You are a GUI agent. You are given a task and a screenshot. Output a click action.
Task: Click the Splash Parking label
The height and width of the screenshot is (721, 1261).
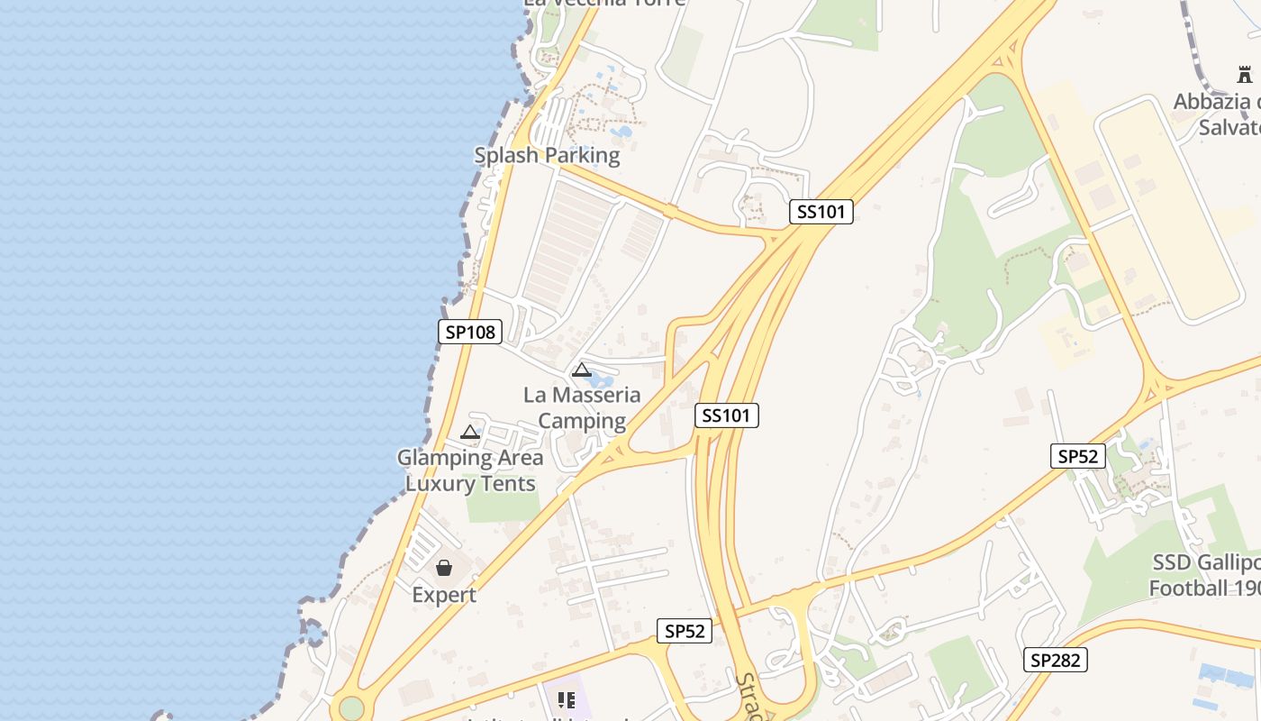point(547,155)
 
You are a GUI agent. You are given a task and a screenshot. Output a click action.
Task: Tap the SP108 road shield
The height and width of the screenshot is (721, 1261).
point(470,332)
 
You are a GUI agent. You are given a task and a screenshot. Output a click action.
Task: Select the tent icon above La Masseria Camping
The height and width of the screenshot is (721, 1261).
point(582,370)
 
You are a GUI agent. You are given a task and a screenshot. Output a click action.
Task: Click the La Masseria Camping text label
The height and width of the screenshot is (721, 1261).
point(582,407)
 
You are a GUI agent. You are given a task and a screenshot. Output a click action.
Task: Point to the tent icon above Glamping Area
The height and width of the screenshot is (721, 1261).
point(469,433)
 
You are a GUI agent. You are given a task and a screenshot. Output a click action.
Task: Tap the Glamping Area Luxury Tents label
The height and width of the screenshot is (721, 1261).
point(470,470)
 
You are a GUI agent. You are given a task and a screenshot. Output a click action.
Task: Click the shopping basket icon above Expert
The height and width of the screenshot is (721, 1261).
point(444,568)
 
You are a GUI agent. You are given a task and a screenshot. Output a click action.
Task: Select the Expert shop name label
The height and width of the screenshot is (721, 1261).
point(444,595)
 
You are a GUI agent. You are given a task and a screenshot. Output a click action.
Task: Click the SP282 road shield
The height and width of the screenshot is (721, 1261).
point(1056,660)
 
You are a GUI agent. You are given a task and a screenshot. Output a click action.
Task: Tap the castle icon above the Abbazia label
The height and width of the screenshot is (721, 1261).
point(1244,74)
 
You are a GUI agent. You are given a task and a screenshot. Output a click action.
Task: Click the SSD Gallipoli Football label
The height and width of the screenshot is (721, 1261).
point(1204,575)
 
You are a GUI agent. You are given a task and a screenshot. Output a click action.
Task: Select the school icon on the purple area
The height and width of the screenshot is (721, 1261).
point(566,699)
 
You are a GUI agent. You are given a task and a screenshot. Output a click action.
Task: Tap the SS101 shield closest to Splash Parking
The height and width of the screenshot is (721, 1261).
point(821,212)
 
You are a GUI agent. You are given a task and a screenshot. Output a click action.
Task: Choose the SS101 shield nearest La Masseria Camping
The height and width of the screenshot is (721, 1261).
point(727,415)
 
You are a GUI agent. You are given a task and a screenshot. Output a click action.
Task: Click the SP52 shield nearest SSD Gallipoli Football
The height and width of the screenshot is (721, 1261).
point(1078,456)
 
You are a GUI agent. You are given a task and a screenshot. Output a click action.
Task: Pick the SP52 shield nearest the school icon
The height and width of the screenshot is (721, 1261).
point(684,631)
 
